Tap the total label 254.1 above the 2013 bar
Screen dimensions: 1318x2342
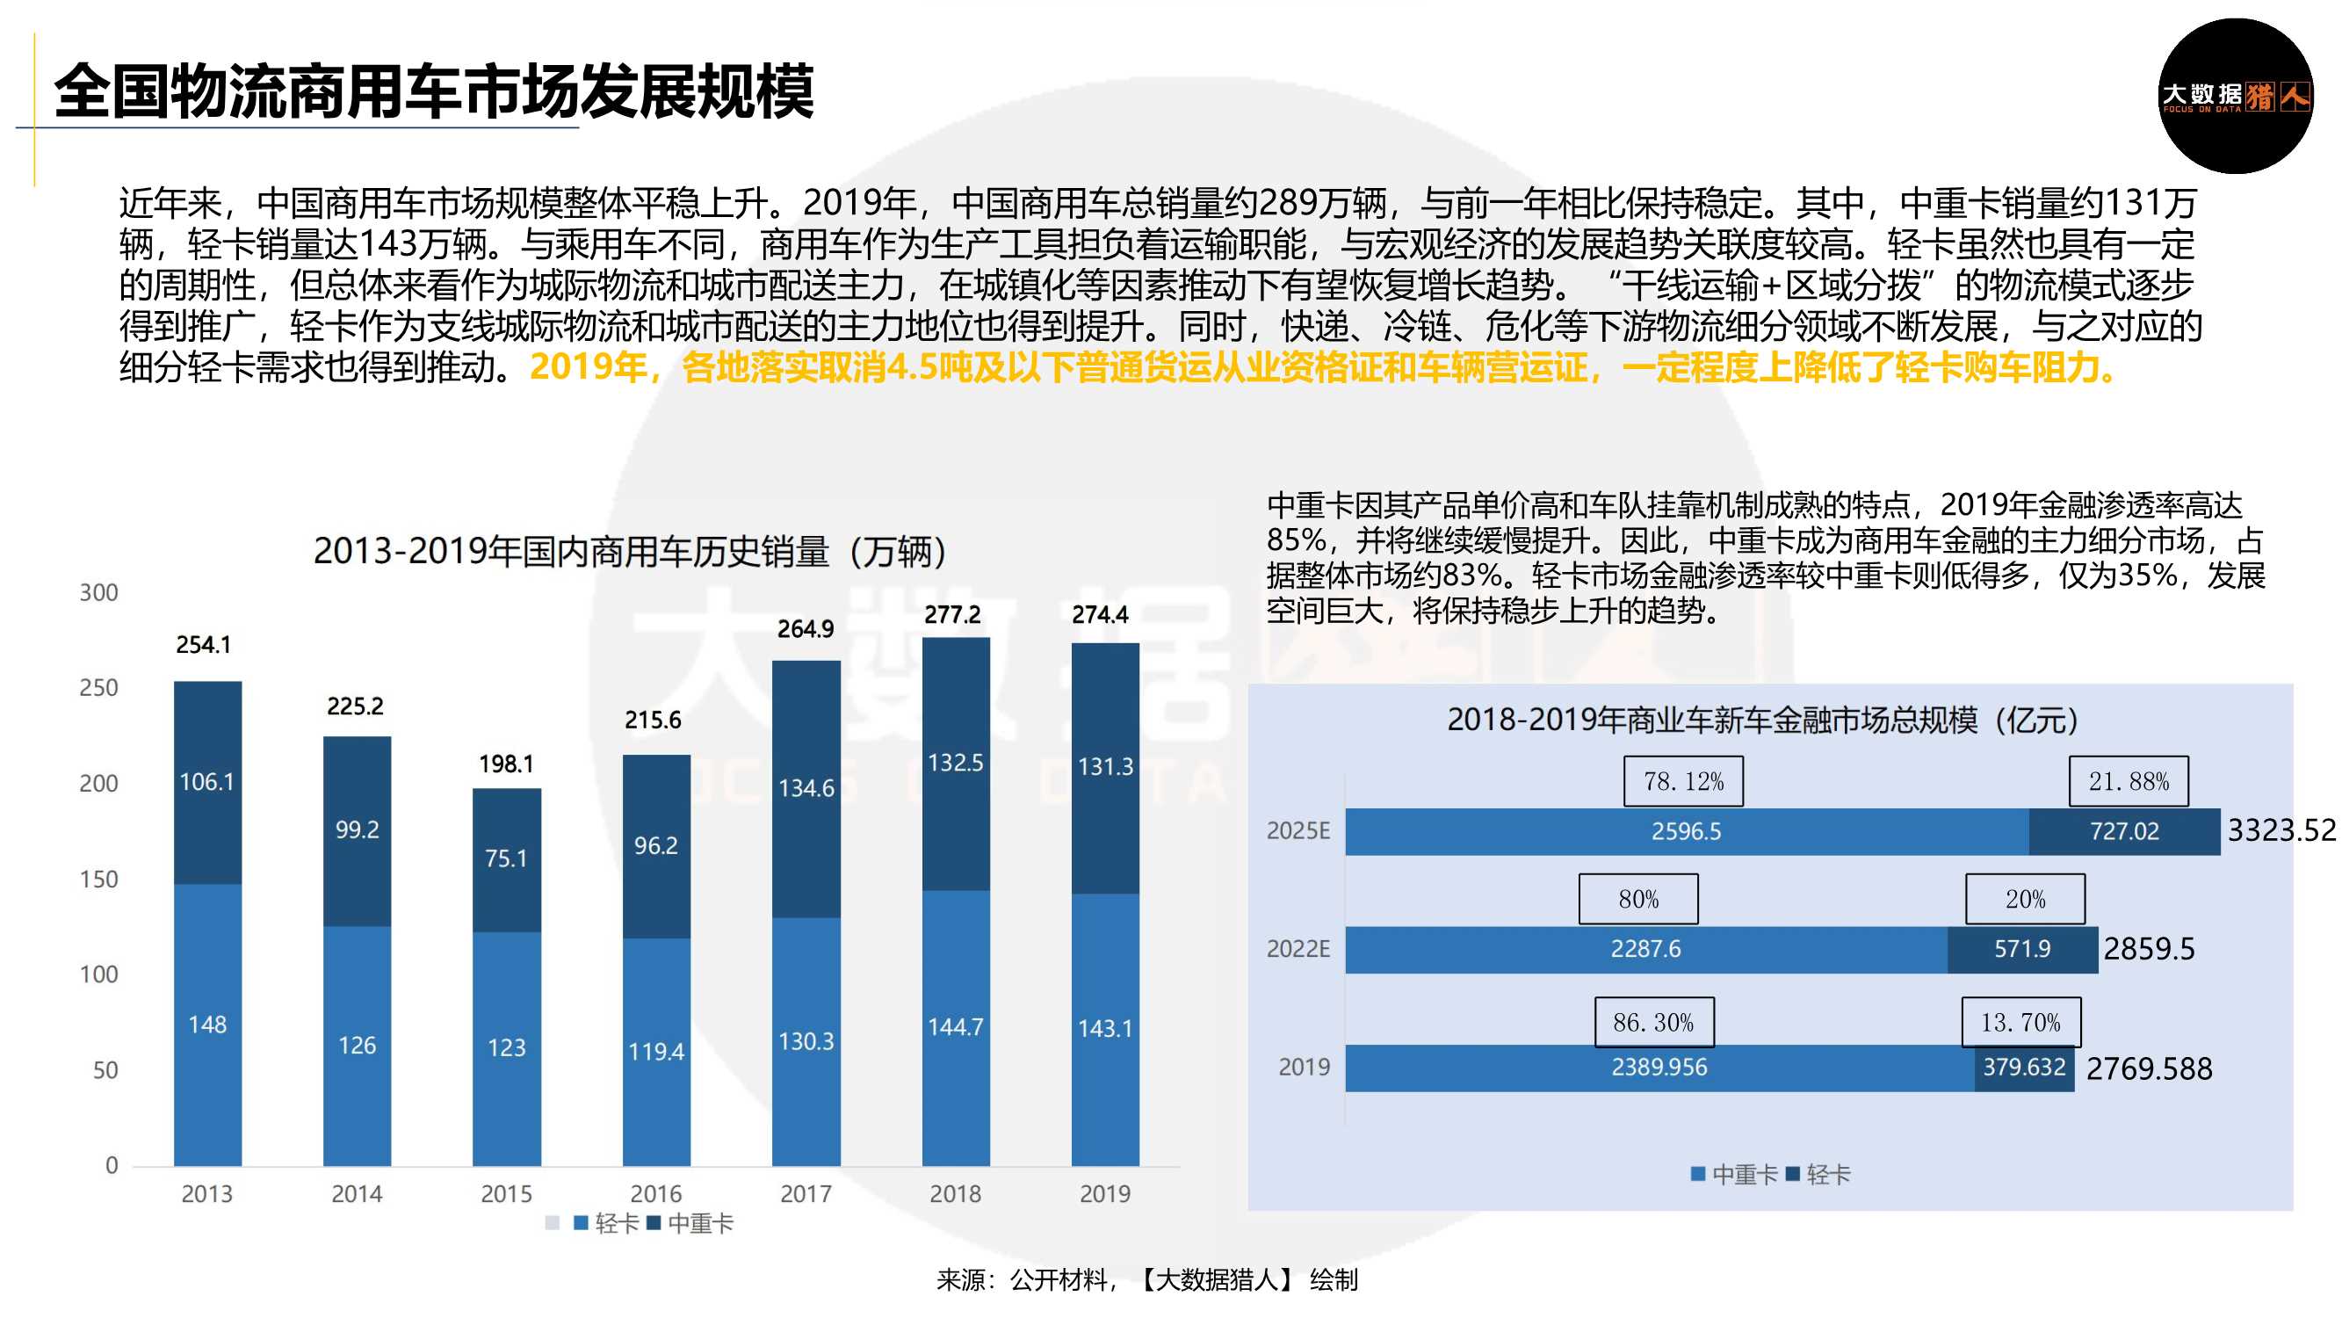tap(204, 645)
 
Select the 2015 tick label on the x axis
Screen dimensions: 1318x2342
tap(506, 1193)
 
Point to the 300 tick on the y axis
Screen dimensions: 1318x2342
tap(99, 593)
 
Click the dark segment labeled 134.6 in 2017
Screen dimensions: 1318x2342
tap(806, 787)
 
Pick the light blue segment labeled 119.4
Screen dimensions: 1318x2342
tap(655, 1052)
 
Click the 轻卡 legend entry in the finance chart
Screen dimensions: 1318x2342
tap(1818, 1174)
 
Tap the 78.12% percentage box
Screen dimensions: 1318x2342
tap(1683, 781)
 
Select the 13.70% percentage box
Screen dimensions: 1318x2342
tap(2020, 1023)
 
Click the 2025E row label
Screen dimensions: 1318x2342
tap(1297, 830)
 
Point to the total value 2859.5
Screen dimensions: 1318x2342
tap(2149, 949)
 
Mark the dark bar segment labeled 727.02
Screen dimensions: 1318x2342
tap(2124, 831)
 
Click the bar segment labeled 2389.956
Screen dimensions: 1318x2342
tap(1659, 1067)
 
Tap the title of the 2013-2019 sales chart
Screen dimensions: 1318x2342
tap(631, 551)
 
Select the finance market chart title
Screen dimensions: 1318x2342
tap(1763, 720)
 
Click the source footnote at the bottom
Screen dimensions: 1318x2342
tap(1147, 1280)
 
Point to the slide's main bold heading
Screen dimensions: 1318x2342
tap(434, 91)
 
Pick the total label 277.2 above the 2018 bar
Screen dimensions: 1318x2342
tap(952, 615)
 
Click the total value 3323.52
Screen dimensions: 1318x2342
tap(2281, 830)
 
